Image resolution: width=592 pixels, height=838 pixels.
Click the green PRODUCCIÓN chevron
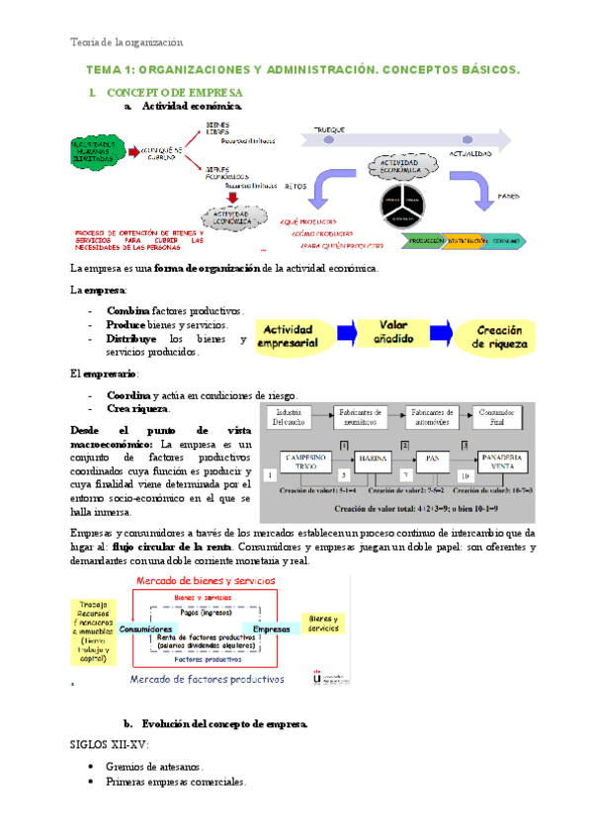[424, 240]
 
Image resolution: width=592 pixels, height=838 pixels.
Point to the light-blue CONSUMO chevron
[509, 240]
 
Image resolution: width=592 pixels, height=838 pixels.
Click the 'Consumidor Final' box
[496, 417]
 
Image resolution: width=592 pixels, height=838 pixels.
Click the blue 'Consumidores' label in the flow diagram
[147, 628]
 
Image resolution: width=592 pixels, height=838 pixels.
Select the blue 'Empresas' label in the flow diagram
[271, 628]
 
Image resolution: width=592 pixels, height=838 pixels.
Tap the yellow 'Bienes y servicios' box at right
[324, 625]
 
